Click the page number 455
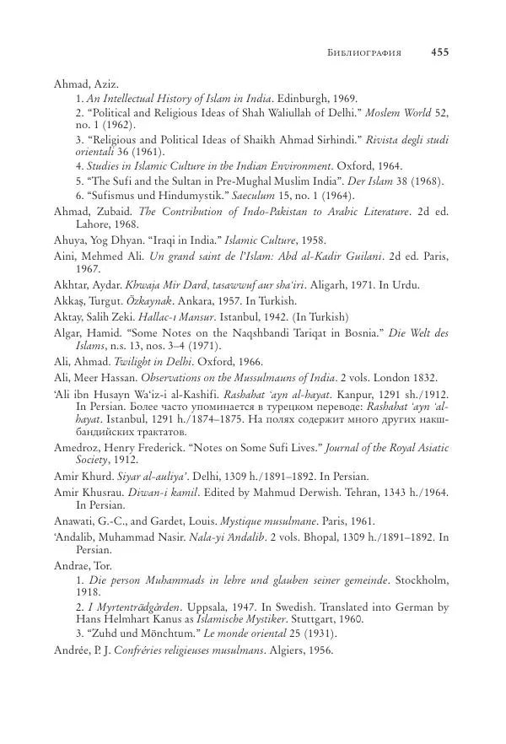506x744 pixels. click(x=439, y=51)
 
